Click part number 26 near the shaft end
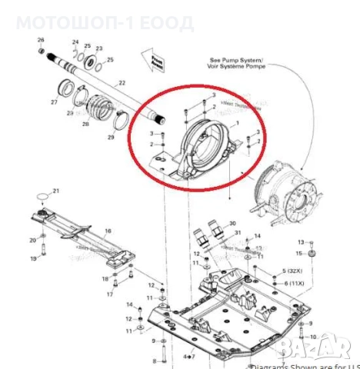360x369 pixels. [42, 40]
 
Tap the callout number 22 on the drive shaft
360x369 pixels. [121, 83]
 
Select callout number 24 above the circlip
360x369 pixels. [75, 42]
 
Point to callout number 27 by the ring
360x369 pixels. [54, 102]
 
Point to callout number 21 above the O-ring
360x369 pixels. [55, 191]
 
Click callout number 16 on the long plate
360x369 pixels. [108, 231]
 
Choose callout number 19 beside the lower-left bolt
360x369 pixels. [33, 259]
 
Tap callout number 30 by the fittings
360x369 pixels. [233, 223]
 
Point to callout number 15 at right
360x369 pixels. [301, 253]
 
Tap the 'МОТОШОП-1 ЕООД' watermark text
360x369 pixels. [105, 22]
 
